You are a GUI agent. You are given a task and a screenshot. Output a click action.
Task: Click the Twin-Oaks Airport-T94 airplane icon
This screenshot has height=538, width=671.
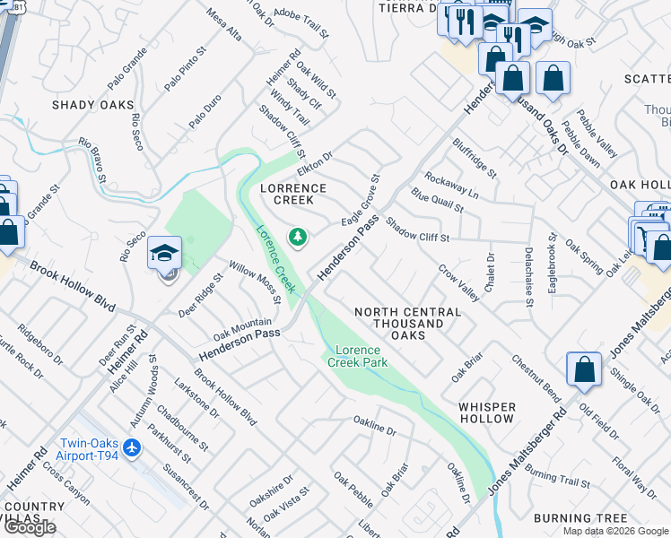pos(133,447)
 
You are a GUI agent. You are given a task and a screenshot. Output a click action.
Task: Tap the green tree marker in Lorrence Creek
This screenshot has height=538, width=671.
pos(297,237)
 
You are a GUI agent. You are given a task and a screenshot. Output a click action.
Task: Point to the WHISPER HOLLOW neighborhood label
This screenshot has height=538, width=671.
pos(487,412)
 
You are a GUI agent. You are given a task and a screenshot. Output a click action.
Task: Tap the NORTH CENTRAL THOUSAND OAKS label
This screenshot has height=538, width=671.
pos(407,323)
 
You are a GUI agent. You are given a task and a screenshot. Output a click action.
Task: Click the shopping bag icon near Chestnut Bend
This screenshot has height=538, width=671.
pos(584,369)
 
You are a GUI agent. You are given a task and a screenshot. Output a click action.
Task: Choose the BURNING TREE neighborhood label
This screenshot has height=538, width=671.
pos(580,518)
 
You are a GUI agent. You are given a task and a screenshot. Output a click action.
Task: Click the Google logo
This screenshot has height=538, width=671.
pos(29,527)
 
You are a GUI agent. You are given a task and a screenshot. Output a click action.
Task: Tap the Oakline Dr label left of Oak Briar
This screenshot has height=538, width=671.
pos(374,425)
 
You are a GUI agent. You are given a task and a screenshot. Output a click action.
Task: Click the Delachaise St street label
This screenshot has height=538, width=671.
pos(529,277)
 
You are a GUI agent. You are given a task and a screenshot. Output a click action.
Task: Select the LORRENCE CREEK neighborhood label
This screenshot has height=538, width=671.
pos(292,194)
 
